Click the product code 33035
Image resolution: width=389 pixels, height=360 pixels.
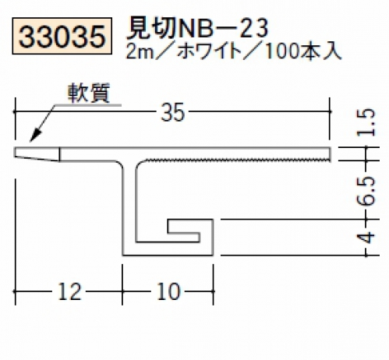click(62, 37)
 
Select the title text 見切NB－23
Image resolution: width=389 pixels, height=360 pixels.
click(196, 28)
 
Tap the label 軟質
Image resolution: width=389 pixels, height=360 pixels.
click(89, 93)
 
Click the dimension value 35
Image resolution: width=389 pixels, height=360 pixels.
click(173, 112)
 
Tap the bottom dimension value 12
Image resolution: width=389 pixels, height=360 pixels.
click(69, 291)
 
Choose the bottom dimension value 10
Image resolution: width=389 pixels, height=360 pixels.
click(169, 291)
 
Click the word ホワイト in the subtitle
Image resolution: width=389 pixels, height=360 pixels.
click(210, 51)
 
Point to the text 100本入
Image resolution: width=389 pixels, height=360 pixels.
click(302, 51)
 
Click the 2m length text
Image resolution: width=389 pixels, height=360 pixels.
click(140, 51)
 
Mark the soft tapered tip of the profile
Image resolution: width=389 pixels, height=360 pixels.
click(37, 154)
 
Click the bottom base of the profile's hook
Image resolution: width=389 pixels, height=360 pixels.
click(168, 249)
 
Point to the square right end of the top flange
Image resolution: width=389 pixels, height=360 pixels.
click(331, 154)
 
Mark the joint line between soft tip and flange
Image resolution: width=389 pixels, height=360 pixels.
click(59, 154)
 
